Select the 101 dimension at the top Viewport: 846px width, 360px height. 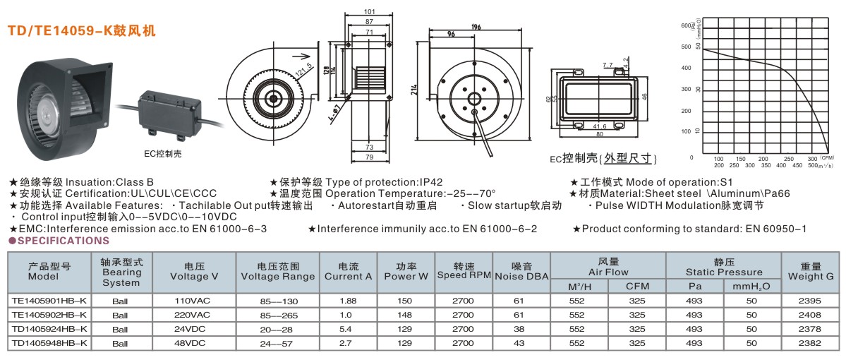click(x=370, y=12)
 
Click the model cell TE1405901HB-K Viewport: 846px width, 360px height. click(x=49, y=300)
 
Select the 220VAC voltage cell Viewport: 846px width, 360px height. click(x=193, y=314)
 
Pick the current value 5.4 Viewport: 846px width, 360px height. click(x=346, y=329)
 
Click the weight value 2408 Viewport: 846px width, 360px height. click(x=811, y=314)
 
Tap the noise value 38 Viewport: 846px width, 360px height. click(x=519, y=329)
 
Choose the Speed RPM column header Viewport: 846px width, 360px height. click(x=462, y=271)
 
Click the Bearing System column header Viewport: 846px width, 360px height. click(x=121, y=272)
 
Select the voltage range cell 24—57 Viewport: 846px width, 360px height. click(x=277, y=343)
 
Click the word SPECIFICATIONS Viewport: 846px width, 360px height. click(x=62, y=241)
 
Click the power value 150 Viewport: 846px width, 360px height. click(x=406, y=300)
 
